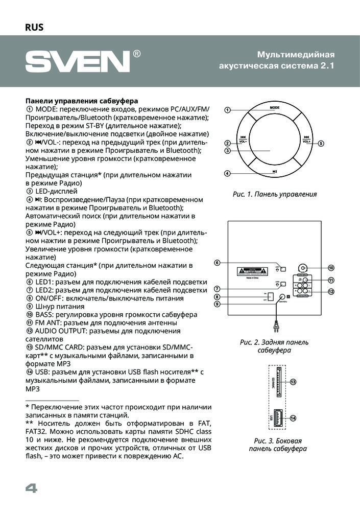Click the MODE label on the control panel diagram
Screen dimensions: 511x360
point(275,108)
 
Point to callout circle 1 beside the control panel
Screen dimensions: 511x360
point(228,110)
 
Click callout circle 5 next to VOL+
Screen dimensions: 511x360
point(321,144)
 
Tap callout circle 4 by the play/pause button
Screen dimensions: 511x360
point(228,173)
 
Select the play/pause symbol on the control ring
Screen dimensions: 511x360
point(275,172)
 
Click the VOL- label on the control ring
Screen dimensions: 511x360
point(244,141)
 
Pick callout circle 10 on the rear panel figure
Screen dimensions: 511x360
point(331,268)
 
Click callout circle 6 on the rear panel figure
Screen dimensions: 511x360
point(217,263)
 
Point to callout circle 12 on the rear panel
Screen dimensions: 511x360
point(331,291)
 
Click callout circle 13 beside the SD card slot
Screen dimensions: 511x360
point(293,382)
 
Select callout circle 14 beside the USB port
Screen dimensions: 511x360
point(293,417)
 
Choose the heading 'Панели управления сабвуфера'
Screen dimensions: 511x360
point(81,101)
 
